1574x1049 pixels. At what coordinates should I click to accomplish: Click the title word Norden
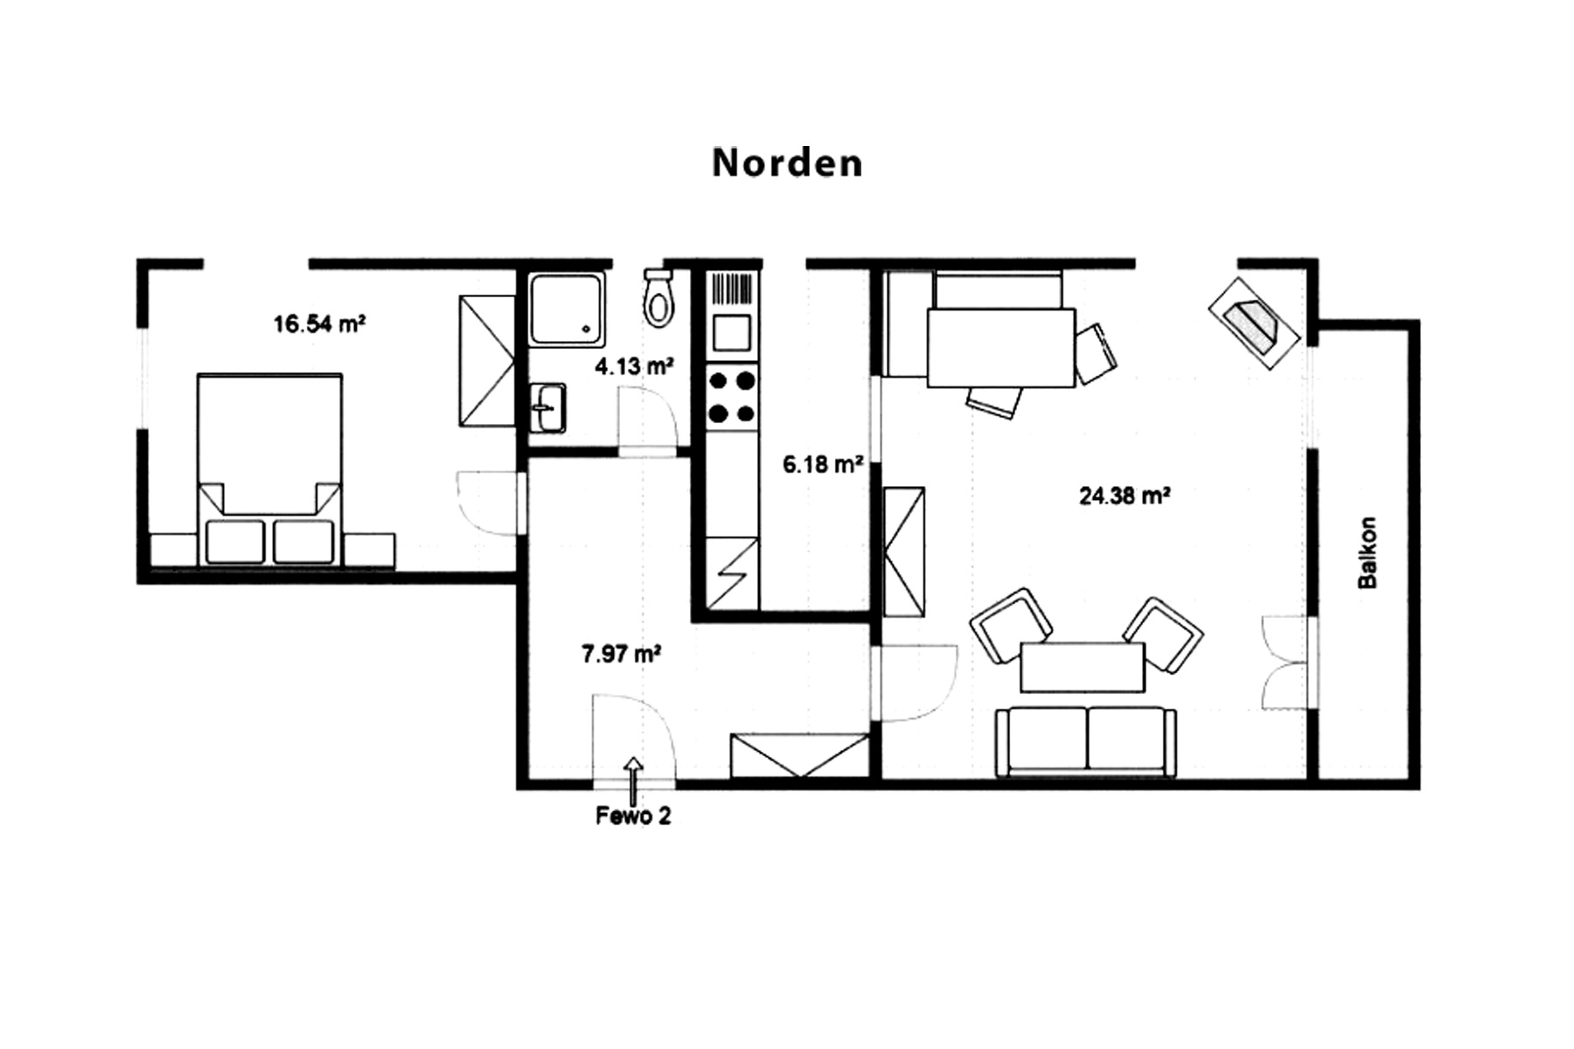(x=787, y=163)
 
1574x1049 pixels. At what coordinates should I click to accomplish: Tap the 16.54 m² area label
(x=319, y=324)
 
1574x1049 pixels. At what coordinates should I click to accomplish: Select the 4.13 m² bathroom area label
(x=634, y=365)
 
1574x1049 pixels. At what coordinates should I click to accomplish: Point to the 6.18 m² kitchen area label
(x=823, y=464)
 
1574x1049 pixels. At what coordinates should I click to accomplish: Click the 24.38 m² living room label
(x=1125, y=496)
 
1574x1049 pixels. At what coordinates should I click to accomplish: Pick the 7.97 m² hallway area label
(x=621, y=653)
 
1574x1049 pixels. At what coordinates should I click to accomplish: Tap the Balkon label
(x=1367, y=552)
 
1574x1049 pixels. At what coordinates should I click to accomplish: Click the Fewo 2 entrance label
(x=633, y=816)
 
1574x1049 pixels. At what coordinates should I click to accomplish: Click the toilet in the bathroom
(x=658, y=296)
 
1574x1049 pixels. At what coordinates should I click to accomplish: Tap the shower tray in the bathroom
(x=567, y=309)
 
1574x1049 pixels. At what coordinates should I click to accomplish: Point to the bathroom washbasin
(x=547, y=407)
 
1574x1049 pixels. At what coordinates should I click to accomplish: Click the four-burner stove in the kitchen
(x=732, y=397)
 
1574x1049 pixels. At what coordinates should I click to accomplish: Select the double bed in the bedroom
(x=269, y=469)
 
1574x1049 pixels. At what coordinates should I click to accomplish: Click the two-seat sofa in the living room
(x=1086, y=741)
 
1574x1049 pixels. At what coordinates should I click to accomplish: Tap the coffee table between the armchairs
(x=1083, y=668)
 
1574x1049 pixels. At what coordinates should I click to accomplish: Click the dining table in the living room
(x=1000, y=347)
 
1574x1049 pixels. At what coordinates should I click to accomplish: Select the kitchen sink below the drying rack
(x=732, y=331)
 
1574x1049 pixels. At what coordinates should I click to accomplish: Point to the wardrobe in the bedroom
(x=487, y=361)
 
